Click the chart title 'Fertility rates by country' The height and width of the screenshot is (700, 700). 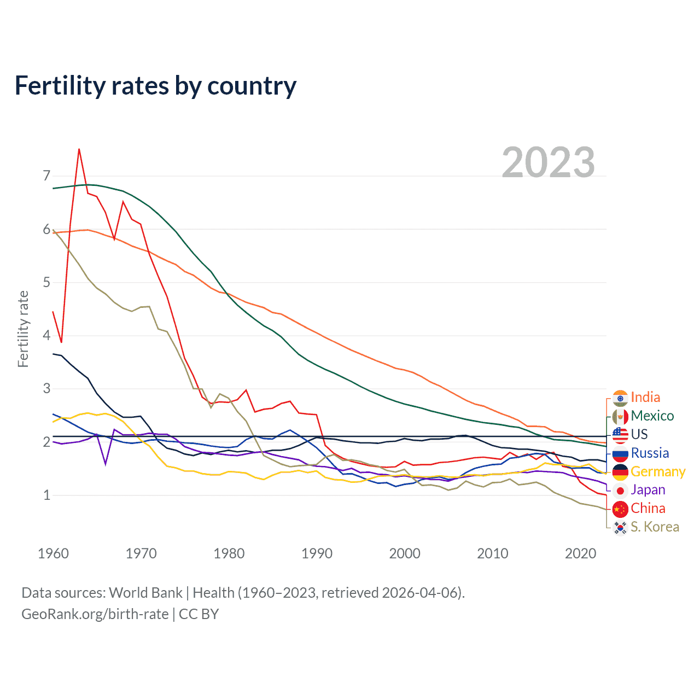coord(155,86)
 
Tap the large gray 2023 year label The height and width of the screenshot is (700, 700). coord(548,163)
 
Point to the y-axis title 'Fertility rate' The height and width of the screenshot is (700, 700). coord(23,329)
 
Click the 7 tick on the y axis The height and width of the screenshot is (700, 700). coord(46,176)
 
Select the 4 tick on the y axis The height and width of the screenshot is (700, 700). coord(46,335)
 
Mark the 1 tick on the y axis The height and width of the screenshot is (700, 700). coord(46,495)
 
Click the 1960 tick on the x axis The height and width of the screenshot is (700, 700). coord(53,553)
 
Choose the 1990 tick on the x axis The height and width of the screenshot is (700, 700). coord(317,553)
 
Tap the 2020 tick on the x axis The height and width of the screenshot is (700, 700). coord(580,553)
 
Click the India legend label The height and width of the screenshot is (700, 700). coord(645,398)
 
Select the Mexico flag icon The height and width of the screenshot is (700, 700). coord(620,417)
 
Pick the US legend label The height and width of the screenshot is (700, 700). coord(639,435)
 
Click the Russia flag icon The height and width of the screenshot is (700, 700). coord(620,454)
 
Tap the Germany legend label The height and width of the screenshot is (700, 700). coord(658,472)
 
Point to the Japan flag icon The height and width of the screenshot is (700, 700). coord(620,491)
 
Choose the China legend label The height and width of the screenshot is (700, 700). coord(648,509)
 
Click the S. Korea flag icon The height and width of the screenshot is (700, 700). coord(620,528)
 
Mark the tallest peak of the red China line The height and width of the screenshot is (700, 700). coord(79,149)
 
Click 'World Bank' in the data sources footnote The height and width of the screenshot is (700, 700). coord(145,593)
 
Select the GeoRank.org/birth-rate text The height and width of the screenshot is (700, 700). coord(95,614)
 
